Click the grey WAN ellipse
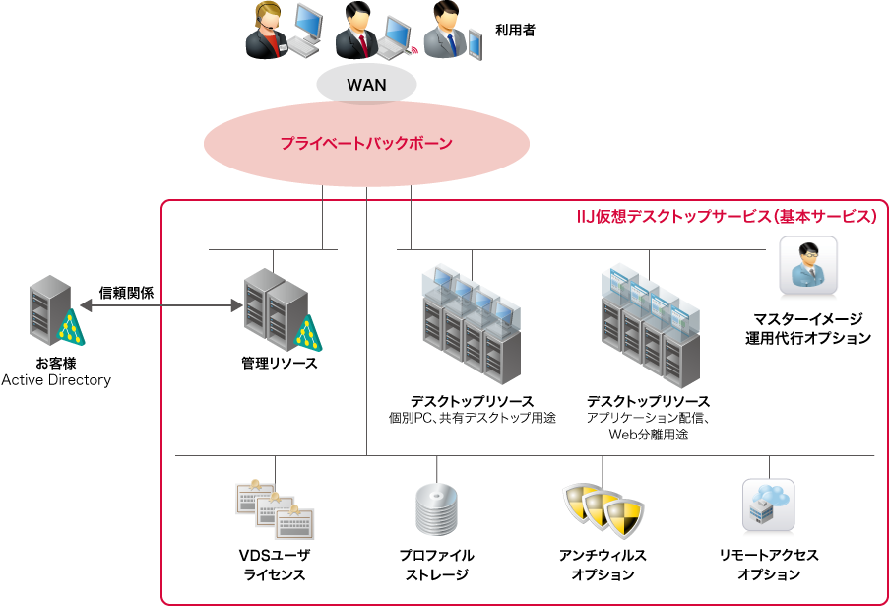pyautogui.click(x=366, y=85)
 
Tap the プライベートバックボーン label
pyautogui.click(x=366, y=144)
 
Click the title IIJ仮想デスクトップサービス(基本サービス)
pyautogui.click(x=726, y=215)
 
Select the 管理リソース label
pyautogui.click(x=280, y=364)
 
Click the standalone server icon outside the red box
pyautogui.click(x=51, y=309)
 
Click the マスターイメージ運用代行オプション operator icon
pyautogui.click(x=808, y=265)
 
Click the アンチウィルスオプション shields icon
pyautogui.click(x=603, y=507)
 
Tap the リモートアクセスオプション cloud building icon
pyautogui.click(x=768, y=505)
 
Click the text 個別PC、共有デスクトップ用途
pyautogui.click(x=473, y=418)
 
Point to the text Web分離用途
pyautogui.click(x=648, y=434)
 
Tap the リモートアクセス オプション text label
pyautogui.click(x=769, y=565)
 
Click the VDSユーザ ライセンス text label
pyautogui.click(x=275, y=565)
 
